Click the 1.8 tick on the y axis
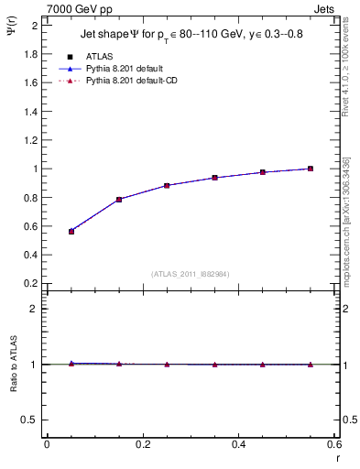point(30,54)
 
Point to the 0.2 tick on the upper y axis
point(30,283)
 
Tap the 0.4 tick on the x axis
point(239,444)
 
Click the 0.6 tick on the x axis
point(335,444)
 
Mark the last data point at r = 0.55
point(311,169)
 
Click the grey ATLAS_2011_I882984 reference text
point(190,274)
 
